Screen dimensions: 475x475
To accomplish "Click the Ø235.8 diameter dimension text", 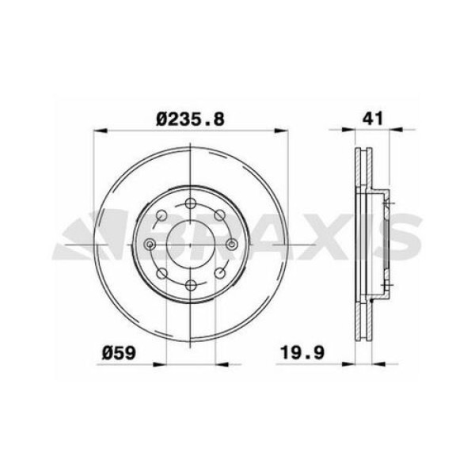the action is [x=190, y=119].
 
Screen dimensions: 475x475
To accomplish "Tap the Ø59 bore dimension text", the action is [x=119, y=353].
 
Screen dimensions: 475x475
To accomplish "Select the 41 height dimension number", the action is [x=373, y=118].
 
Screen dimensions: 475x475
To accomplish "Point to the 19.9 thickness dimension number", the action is [x=302, y=352].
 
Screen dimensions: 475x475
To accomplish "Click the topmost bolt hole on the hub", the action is [x=190, y=203].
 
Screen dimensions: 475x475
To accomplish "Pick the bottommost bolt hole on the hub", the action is [x=190, y=285].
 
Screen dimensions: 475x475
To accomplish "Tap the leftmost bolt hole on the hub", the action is [x=150, y=244].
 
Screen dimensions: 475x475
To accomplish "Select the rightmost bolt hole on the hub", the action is [x=231, y=244].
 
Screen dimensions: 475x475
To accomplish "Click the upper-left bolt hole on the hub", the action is [x=161, y=215].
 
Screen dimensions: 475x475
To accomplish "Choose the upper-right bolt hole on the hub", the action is [x=219, y=215].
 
